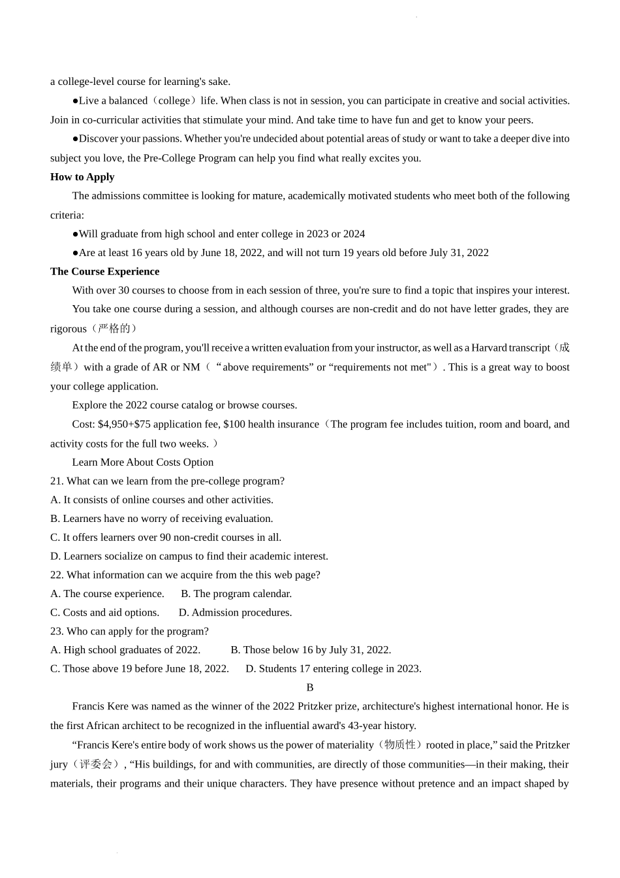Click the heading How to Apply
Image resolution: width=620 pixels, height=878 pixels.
pyautogui.click(x=82, y=177)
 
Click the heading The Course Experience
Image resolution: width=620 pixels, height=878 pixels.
pyautogui.click(x=104, y=272)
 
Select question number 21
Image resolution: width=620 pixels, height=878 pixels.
pyautogui.click(x=57, y=481)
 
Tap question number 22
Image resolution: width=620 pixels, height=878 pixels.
pyautogui.click(x=57, y=576)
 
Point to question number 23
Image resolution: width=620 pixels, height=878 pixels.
pyautogui.click(x=57, y=632)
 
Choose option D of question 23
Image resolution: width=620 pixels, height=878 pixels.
pyautogui.click(x=333, y=669)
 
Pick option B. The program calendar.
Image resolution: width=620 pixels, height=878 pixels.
pyautogui.click(x=236, y=594)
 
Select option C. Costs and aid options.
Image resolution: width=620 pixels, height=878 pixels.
pyautogui.click(x=104, y=613)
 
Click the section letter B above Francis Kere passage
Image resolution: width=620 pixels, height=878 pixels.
pyautogui.click(x=310, y=688)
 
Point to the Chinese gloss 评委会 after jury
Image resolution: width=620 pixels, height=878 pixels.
pyautogui.click(x=95, y=764)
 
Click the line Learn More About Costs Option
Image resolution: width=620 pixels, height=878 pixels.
pyautogui.click(x=143, y=463)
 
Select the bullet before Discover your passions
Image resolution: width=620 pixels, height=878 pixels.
pyautogui.click(x=75, y=139)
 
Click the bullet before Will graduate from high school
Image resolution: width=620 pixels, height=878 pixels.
pyautogui.click(x=75, y=234)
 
